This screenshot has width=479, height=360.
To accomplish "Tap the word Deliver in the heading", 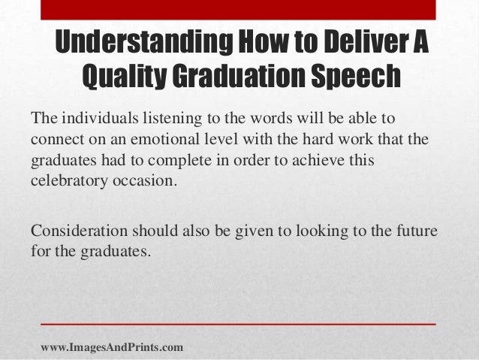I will [360, 44].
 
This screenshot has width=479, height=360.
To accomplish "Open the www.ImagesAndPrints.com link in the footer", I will [111, 347].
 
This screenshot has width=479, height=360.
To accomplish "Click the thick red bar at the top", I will [239, 8].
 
